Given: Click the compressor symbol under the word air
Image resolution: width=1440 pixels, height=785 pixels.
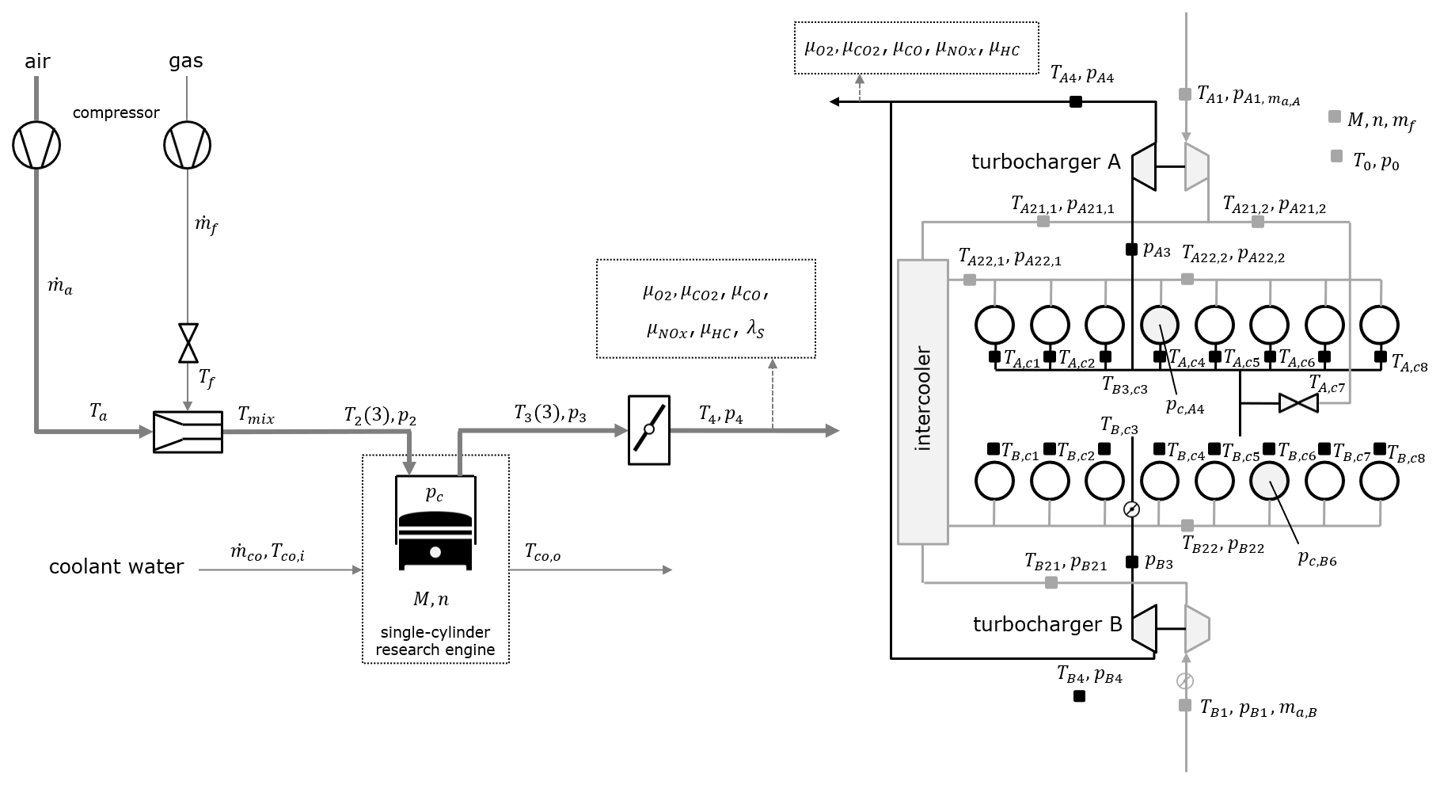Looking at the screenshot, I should point(36,146).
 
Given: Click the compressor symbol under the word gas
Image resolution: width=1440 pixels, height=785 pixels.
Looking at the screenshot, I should point(188,146).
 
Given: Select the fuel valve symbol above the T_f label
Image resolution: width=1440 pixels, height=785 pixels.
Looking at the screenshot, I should point(188,341).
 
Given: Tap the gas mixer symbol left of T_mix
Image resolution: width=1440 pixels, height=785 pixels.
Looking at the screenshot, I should point(188,432).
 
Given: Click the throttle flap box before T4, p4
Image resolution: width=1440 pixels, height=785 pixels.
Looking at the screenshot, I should point(648,430).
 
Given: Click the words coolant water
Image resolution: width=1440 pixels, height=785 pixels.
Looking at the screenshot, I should point(116,567).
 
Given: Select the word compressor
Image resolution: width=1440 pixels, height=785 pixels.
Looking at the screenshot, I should point(116,113).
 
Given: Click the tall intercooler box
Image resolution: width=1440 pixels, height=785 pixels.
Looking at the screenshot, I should point(922,401).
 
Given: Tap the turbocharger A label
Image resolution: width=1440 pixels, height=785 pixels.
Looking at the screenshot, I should point(1046,162).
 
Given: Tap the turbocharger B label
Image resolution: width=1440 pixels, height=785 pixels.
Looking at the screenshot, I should point(1047,625).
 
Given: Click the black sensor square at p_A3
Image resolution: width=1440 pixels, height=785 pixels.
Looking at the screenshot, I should point(1132,250).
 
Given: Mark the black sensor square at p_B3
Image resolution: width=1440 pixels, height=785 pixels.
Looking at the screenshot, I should point(1132,562).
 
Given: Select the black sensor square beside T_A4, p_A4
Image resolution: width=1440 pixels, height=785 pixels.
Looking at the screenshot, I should point(1076,101).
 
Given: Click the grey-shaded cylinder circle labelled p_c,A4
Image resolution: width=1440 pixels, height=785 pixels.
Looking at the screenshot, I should point(1160,324).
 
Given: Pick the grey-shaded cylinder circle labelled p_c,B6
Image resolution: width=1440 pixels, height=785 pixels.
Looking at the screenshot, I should point(1270,480).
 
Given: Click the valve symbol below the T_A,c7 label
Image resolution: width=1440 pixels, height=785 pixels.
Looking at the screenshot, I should point(1298,403).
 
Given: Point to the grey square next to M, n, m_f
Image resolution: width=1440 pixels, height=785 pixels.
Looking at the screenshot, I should point(1335,117).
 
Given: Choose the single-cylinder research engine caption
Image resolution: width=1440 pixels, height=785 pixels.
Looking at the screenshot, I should point(435,641).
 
